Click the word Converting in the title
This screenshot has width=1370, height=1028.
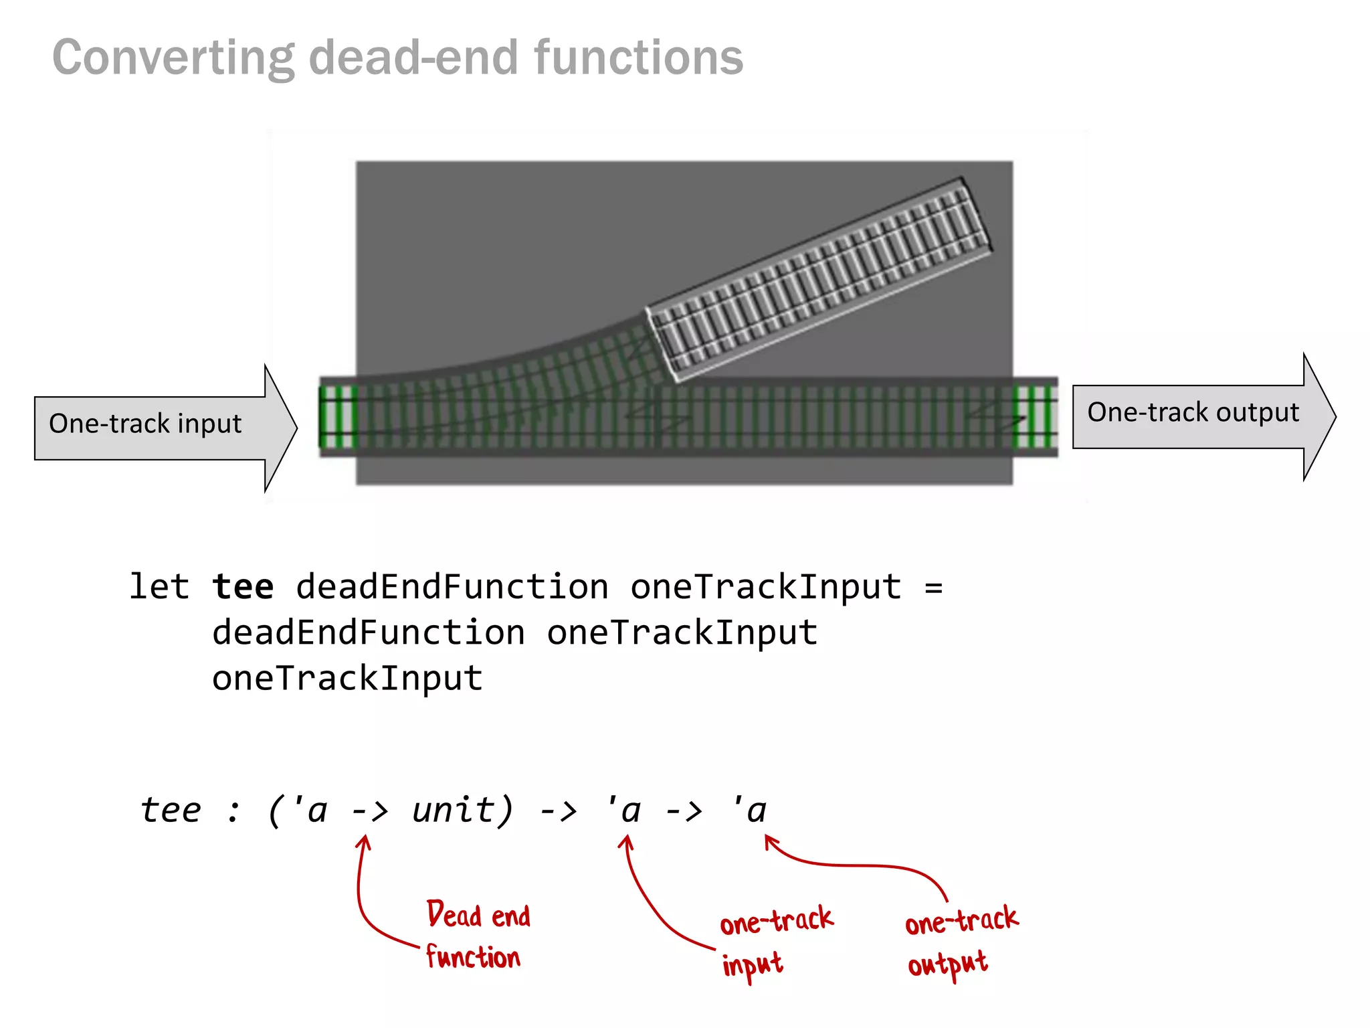click(x=173, y=58)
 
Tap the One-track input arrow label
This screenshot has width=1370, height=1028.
click(x=145, y=424)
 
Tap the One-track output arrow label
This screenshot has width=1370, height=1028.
click(x=1193, y=412)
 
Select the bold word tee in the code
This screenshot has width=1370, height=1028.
click(x=243, y=587)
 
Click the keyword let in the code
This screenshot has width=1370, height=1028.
click(x=159, y=587)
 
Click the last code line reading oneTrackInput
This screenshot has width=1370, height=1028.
click(x=347, y=679)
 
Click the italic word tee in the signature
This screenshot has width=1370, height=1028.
click(x=171, y=810)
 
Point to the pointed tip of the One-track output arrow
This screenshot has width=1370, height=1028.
click(x=1333, y=416)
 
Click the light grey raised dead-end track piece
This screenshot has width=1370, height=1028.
click(x=819, y=279)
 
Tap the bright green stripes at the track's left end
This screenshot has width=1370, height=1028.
click(x=338, y=416)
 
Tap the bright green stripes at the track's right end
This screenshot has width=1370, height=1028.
click(x=1034, y=416)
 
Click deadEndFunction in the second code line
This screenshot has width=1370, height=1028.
click(x=369, y=633)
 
